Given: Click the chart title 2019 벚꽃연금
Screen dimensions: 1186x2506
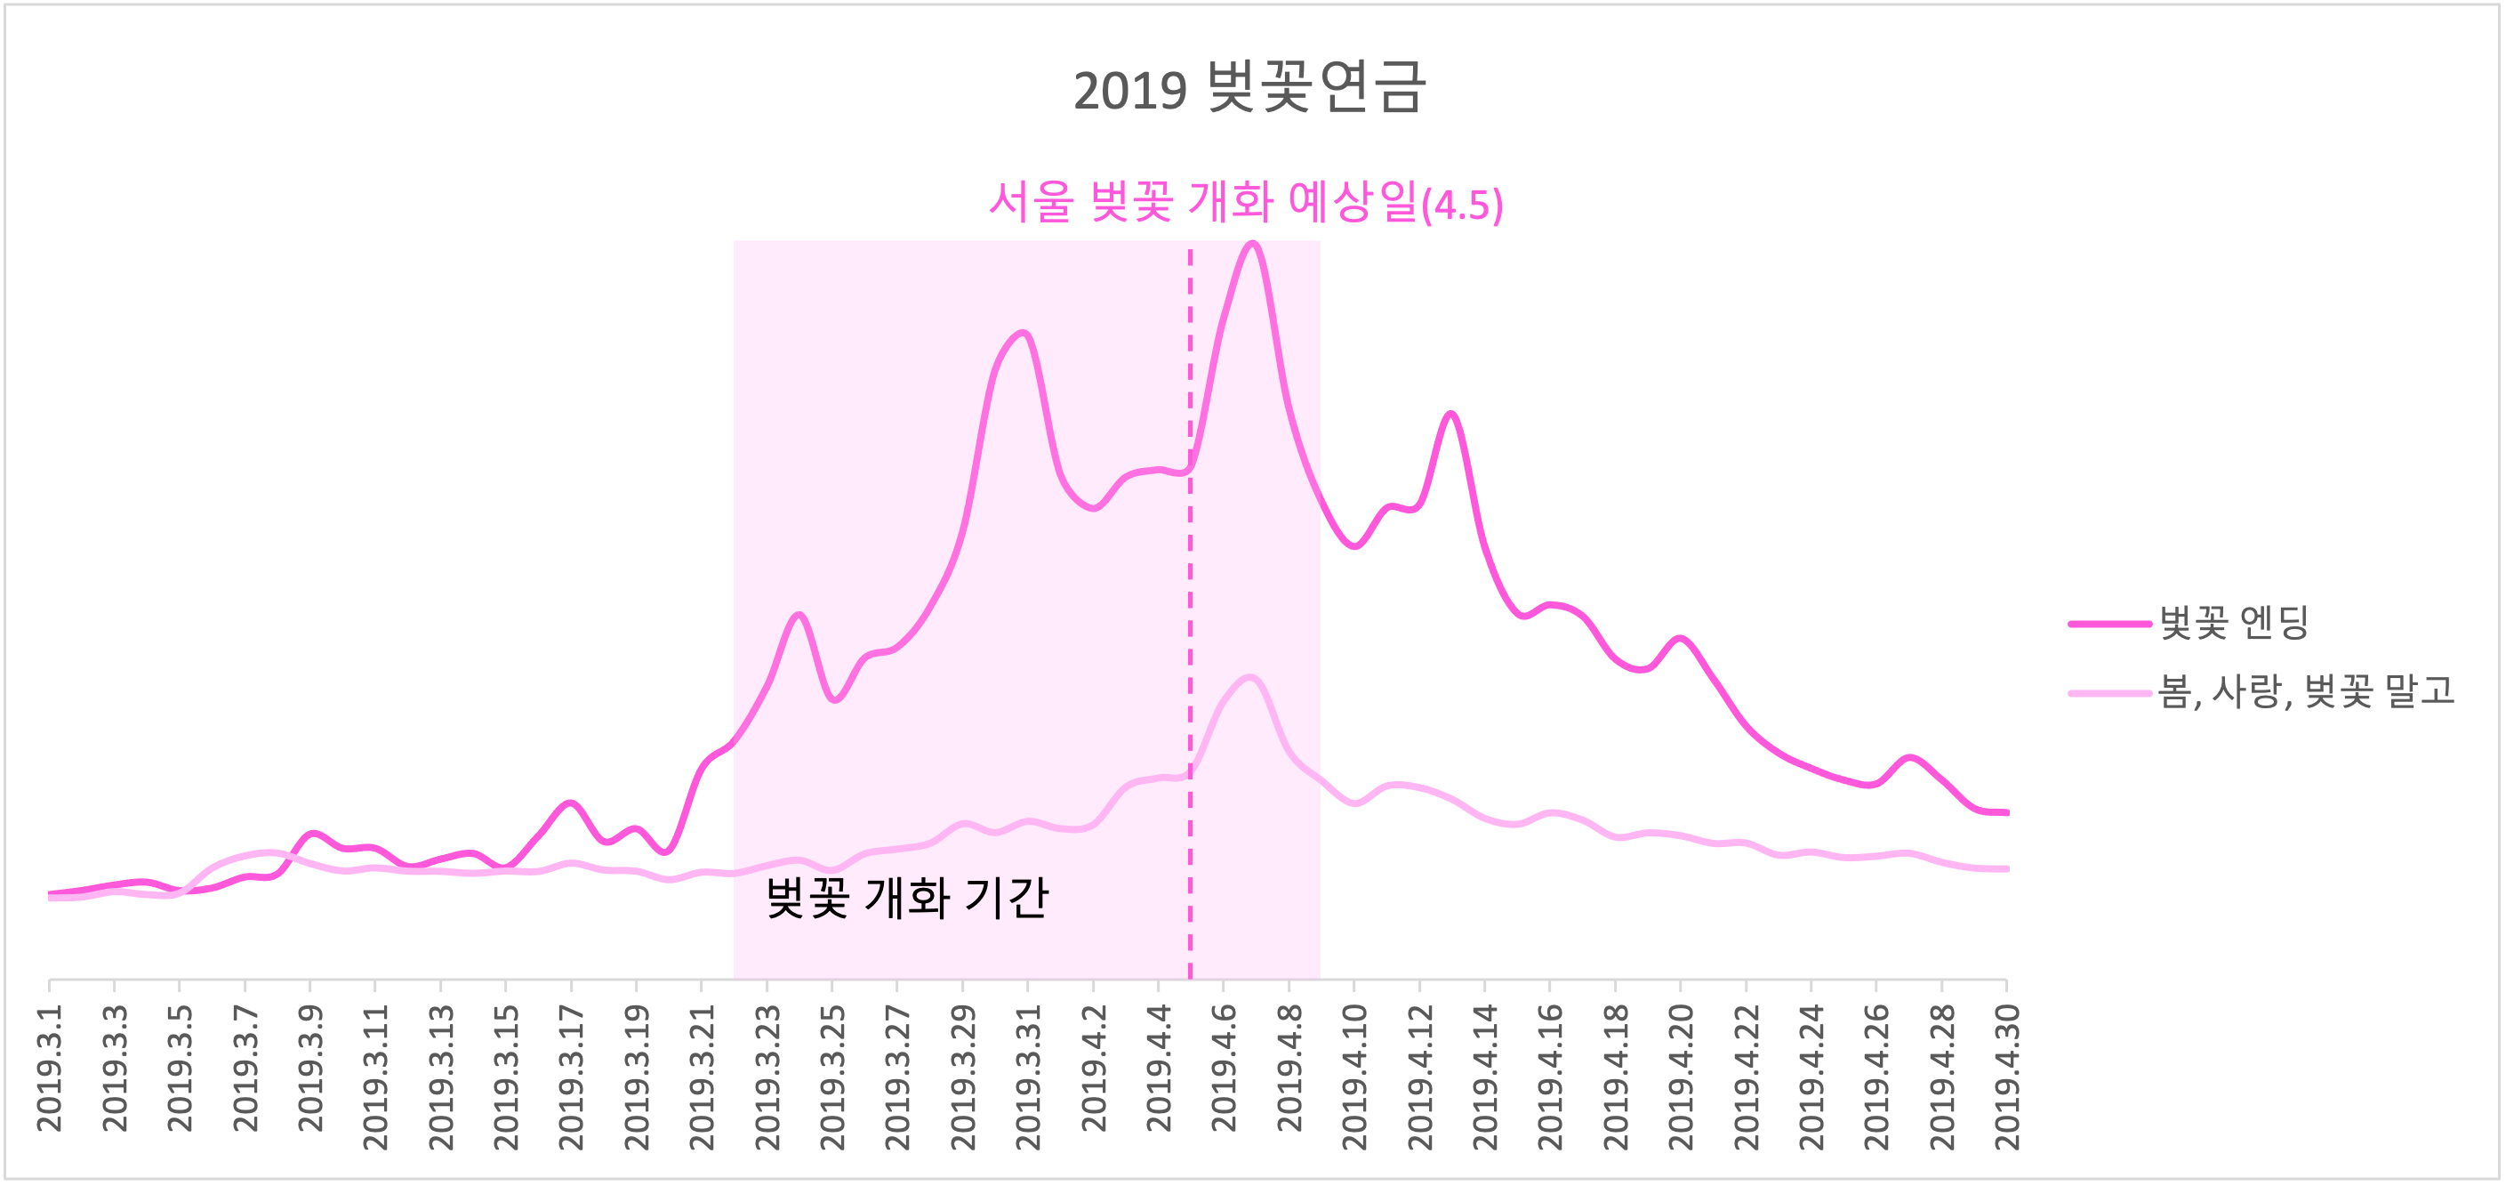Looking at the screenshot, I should click(x=1249, y=87).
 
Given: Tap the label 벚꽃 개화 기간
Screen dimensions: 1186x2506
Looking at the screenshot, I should click(x=907, y=897).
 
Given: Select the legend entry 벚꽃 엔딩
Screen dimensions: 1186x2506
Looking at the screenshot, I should click(x=2234, y=623).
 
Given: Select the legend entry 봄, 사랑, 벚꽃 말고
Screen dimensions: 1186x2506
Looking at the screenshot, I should click(x=2306, y=691).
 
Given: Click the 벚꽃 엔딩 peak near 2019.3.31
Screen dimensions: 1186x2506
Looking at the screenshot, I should click(x=1024, y=334).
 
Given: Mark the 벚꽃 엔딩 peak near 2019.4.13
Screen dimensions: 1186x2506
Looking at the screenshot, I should click(x=1451, y=415).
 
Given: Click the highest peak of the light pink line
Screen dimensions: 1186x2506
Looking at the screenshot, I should click(x=1250, y=677).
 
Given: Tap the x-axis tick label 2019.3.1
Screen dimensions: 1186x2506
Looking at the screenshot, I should click(x=50, y=1069).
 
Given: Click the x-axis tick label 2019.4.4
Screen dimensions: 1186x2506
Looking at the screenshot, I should click(x=1159, y=1069).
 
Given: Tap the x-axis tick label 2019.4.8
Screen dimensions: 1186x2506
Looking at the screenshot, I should click(x=1289, y=1069).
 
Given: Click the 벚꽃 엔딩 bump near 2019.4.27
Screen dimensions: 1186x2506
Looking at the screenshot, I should click(x=1909, y=757).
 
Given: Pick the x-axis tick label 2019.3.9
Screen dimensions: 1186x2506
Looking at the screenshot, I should click(x=310, y=1069).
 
